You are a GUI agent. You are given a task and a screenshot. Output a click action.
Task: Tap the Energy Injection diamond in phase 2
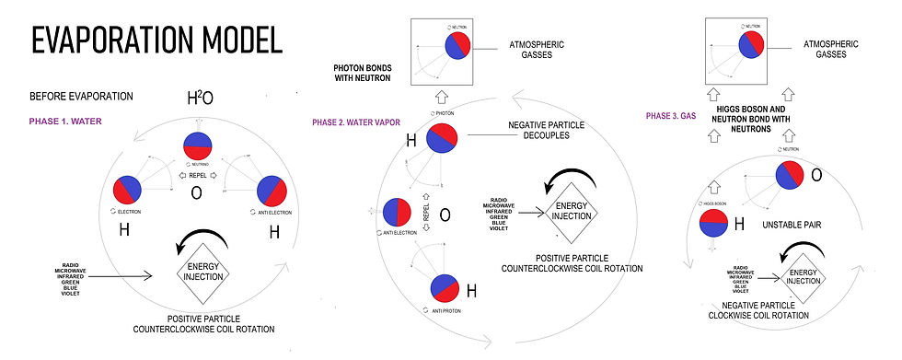[x=571, y=211]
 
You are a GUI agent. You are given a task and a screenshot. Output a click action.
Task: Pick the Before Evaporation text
[x=82, y=96]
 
